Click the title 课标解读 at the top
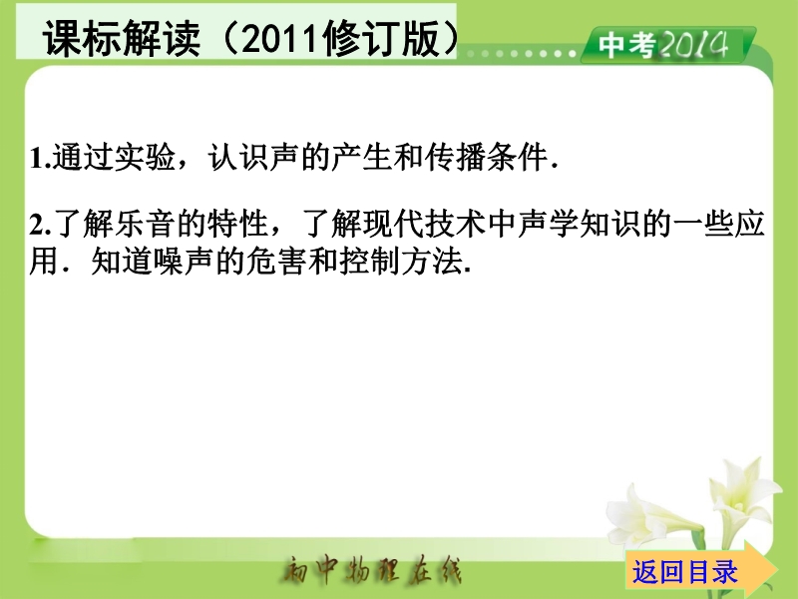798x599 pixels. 121,38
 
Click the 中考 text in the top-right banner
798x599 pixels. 626,45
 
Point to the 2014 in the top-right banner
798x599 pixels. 693,44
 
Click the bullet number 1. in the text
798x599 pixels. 40,158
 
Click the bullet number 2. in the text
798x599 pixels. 40,225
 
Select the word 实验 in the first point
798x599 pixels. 145,157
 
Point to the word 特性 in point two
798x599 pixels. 238,224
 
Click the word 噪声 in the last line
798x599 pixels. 184,262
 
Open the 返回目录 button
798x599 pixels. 684,571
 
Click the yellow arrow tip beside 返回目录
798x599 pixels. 777,568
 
